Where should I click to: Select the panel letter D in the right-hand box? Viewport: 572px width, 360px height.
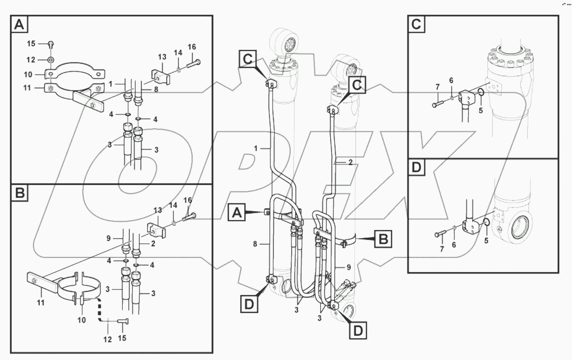417,168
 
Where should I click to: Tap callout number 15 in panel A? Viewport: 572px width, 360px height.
31,44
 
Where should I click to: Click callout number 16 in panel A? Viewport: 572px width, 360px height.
191,47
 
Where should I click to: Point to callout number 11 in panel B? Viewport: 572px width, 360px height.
41,302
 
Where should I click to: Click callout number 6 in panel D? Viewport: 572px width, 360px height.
454,244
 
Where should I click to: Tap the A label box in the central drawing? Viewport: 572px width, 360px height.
237,213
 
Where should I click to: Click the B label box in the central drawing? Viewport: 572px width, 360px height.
383,238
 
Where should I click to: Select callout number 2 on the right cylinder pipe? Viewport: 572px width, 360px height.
350,162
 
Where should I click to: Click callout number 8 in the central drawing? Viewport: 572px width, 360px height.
255,244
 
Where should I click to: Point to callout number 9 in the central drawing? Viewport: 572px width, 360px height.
349,267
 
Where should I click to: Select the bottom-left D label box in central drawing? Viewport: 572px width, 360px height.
249,304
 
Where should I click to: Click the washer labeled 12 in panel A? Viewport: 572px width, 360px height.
51,60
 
